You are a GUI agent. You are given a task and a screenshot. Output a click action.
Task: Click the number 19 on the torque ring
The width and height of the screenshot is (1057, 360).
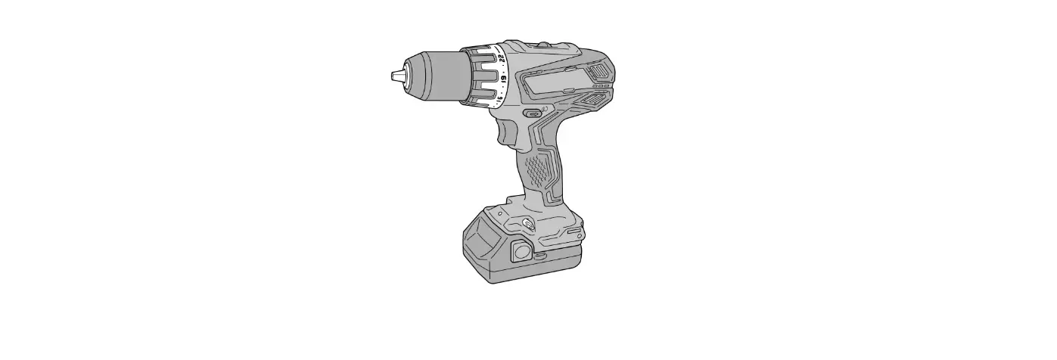click(503, 76)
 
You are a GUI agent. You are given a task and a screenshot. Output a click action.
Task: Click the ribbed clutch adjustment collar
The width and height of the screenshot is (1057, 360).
click(481, 75)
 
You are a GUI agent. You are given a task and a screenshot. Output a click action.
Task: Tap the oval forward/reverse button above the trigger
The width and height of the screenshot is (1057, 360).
click(533, 113)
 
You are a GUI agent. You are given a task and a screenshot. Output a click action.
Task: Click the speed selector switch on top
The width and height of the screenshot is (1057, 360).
click(542, 46)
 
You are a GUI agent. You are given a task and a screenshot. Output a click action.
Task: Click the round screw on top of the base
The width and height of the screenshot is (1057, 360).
click(527, 223)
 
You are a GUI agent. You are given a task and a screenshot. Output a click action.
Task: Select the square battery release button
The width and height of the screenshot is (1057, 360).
click(521, 250)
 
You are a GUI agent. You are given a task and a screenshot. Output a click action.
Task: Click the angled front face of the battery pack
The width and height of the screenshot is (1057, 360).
click(478, 241)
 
